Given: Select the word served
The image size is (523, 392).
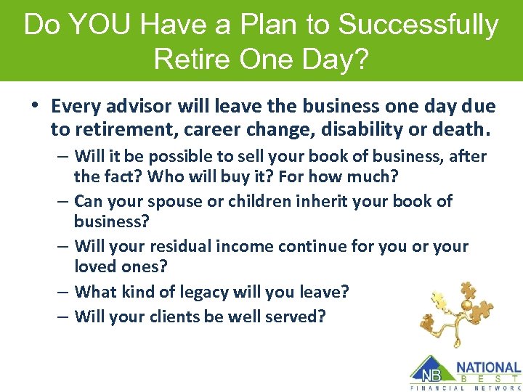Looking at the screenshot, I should [x=297, y=317].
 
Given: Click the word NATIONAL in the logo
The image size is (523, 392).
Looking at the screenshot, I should [x=488, y=367].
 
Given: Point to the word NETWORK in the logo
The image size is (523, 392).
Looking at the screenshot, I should [x=496, y=388].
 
